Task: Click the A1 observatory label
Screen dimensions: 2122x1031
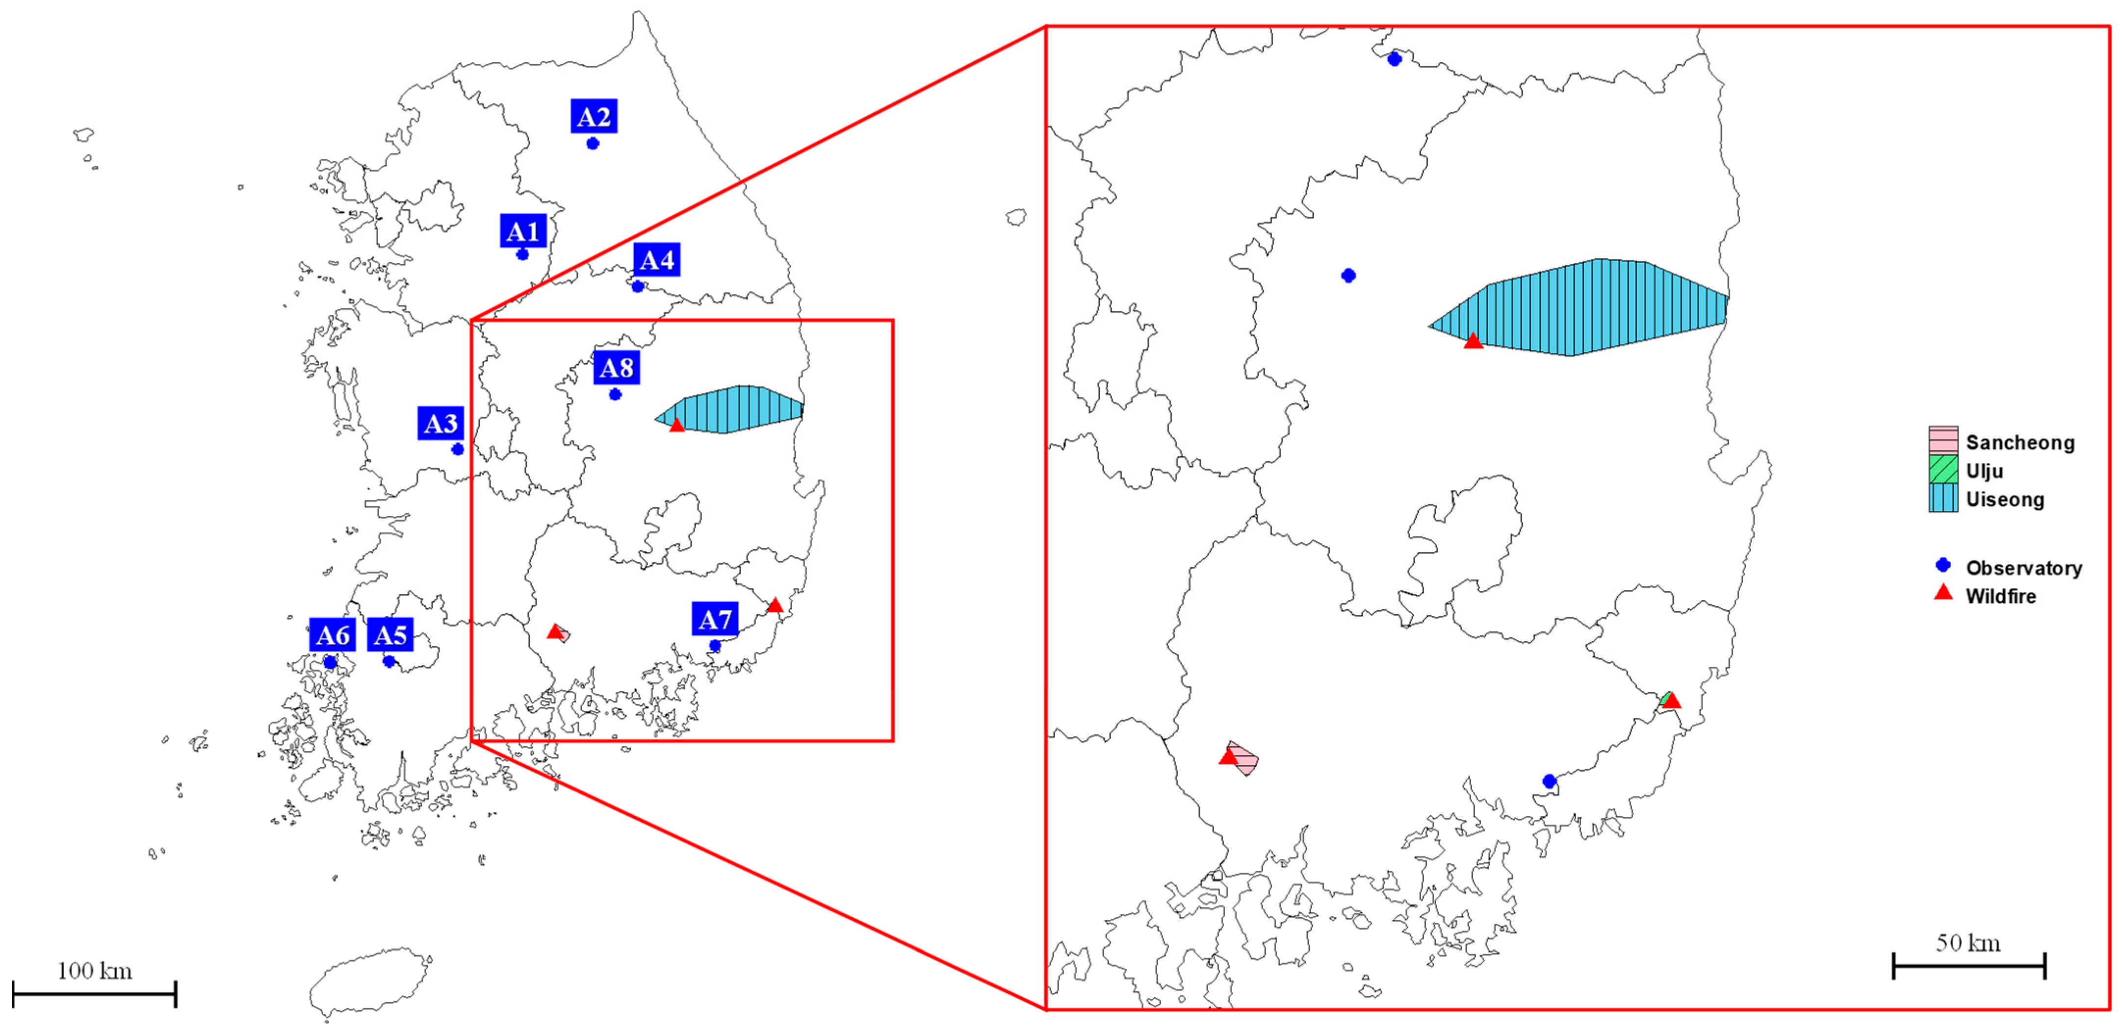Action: (x=523, y=231)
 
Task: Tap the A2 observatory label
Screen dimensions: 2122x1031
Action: (x=593, y=117)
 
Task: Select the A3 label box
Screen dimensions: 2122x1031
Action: (x=440, y=423)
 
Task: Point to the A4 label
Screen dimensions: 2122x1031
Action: (x=656, y=260)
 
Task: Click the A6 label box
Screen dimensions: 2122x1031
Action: (x=332, y=635)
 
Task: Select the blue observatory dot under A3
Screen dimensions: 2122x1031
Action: (x=457, y=449)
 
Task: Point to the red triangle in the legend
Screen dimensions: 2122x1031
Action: (x=1943, y=592)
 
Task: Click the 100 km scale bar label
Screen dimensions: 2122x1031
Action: (x=95, y=971)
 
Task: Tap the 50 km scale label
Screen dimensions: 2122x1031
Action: (x=1968, y=943)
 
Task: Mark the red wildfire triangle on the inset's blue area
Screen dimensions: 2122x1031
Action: (x=1473, y=341)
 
